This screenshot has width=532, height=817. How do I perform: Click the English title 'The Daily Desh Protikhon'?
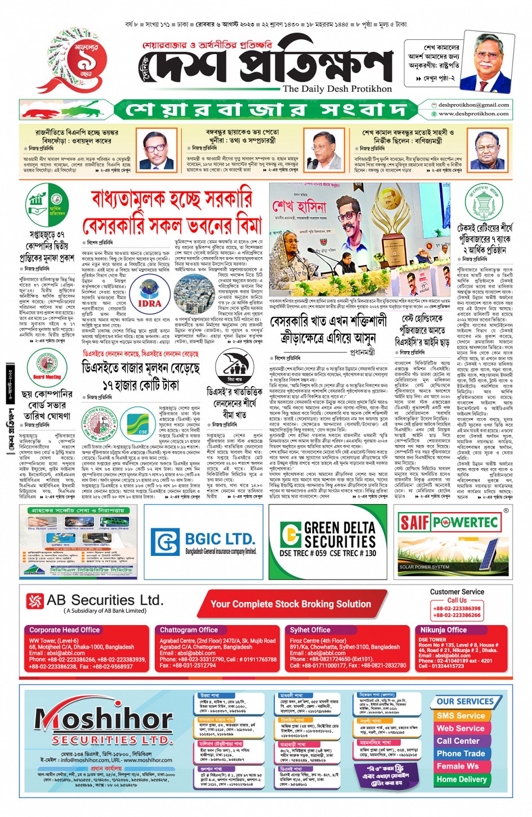pyautogui.click(x=337, y=89)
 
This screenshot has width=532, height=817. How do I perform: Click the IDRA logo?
pyautogui.click(x=149, y=303)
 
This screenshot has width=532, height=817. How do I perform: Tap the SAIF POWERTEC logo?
pyautogui.click(x=449, y=522)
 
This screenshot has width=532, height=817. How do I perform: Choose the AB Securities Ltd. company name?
pyautogui.click(x=105, y=600)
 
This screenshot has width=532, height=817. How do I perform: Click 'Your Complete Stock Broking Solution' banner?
pyautogui.click(x=290, y=604)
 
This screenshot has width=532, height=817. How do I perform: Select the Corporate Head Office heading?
pyautogui.click(x=65, y=630)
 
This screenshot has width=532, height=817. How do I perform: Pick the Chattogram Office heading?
pyautogui.click(x=189, y=630)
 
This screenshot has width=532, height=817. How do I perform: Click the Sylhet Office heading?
pyautogui.click(x=310, y=630)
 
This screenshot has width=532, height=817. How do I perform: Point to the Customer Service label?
pyautogui.click(x=457, y=592)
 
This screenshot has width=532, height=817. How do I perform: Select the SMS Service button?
pyautogui.click(x=461, y=716)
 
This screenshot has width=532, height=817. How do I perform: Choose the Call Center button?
pyautogui.click(x=458, y=741)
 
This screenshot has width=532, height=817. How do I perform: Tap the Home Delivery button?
pyautogui.click(x=461, y=779)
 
